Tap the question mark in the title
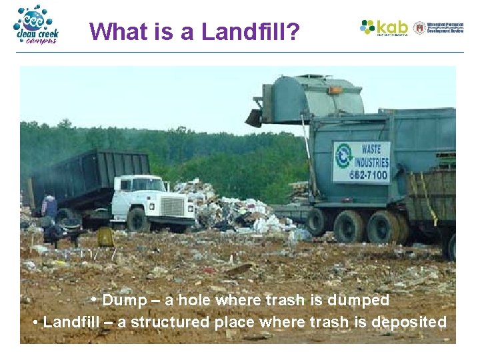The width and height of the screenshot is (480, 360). (293, 31)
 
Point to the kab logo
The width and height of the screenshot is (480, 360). (384, 27)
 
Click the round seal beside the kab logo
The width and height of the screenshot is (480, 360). (419, 27)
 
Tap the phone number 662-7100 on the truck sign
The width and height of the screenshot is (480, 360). (361, 175)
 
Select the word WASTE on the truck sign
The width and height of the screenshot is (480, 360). (372, 147)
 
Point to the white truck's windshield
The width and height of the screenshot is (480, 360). (148, 184)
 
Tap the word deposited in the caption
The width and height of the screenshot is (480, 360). (409, 322)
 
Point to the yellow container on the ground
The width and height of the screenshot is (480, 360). (105, 237)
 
